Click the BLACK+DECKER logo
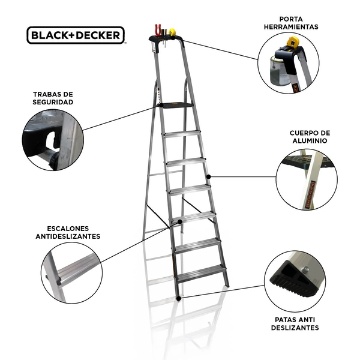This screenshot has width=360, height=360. [x=76, y=35]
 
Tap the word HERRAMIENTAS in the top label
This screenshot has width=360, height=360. [x=291, y=27]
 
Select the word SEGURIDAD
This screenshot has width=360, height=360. [x=53, y=102]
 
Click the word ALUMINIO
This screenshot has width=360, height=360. [x=310, y=140]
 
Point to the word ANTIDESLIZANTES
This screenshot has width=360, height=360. [x=68, y=236]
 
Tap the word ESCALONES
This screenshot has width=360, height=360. [x=68, y=229]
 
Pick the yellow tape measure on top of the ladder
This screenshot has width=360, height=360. [x=172, y=32]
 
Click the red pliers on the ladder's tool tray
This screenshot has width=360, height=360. [x=158, y=29]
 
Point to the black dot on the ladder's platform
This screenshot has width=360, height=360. [x=161, y=105]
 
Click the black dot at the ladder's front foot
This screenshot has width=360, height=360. [x=179, y=298]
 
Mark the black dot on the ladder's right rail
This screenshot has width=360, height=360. [x=208, y=177]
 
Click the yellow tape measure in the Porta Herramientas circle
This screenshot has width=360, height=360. [x=293, y=41]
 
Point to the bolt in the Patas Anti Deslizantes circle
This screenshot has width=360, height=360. [x=305, y=269]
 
